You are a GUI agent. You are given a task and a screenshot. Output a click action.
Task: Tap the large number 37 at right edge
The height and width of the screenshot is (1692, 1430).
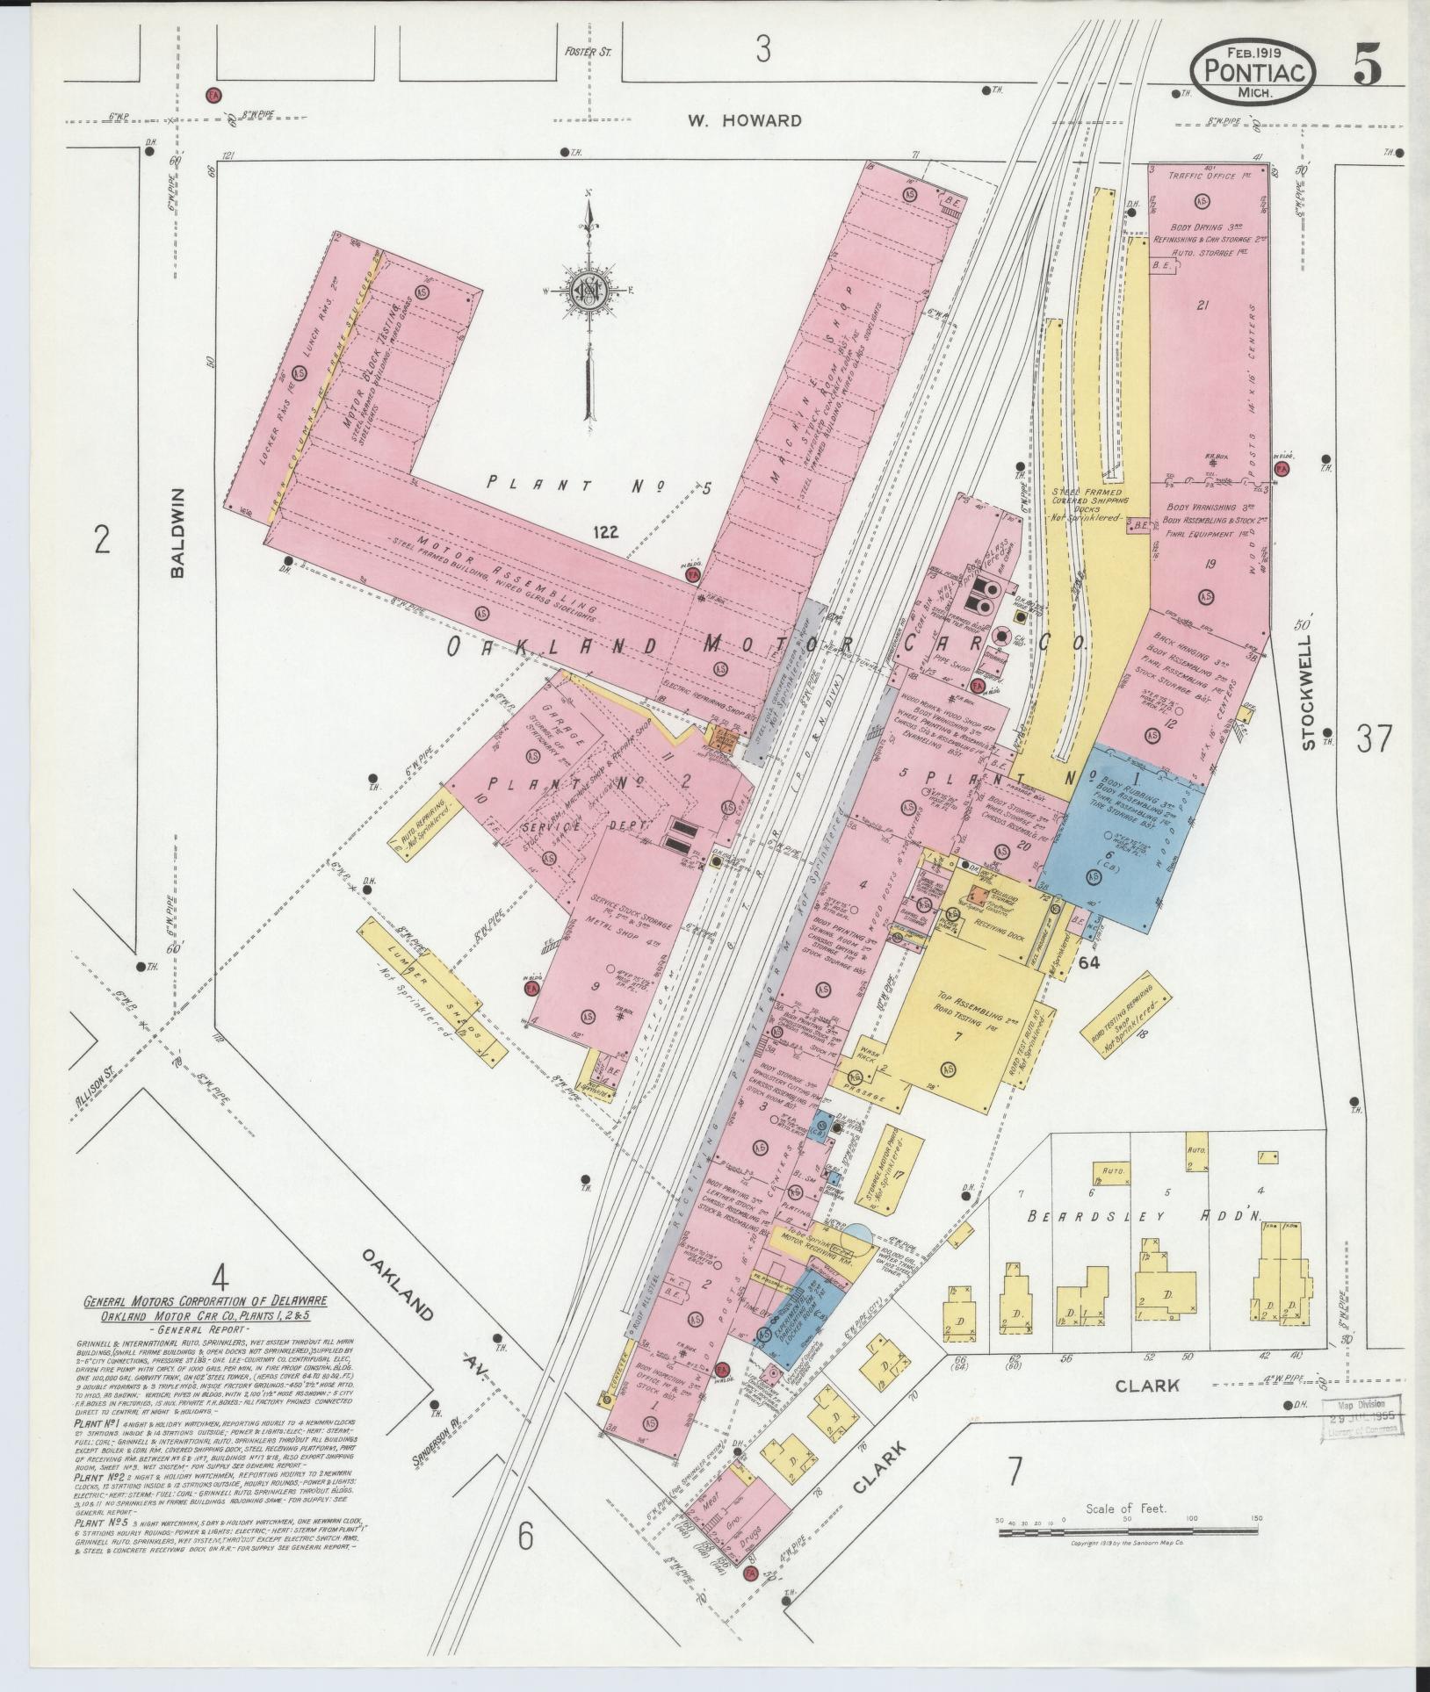tap(1374, 739)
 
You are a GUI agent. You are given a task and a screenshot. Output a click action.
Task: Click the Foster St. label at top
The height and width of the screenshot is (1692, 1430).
tap(588, 52)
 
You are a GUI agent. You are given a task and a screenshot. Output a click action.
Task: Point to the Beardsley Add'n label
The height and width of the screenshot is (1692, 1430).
tap(1151, 1218)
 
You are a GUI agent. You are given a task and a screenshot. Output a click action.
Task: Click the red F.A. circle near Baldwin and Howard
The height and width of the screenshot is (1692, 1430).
tap(212, 94)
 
